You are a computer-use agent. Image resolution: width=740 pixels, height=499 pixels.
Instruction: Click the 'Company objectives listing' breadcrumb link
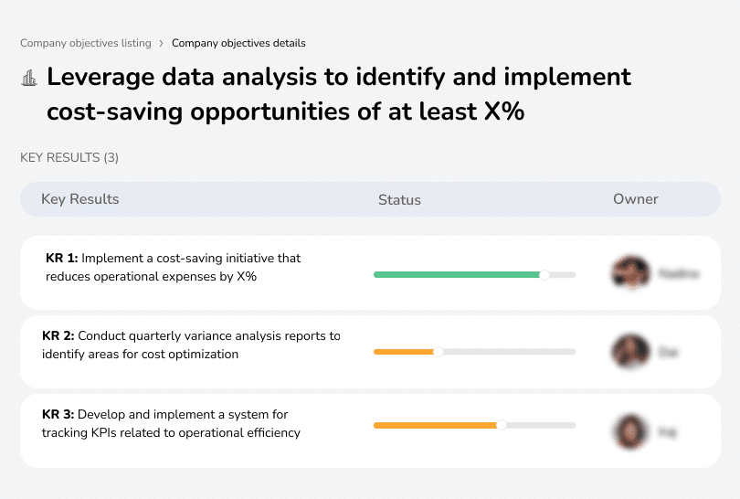(x=86, y=43)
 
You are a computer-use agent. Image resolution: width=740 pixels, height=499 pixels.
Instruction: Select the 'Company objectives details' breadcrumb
(x=238, y=43)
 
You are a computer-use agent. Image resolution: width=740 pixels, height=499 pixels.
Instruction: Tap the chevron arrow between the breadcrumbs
(x=162, y=43)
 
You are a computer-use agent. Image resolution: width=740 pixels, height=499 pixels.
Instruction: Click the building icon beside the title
(x=29, y=78)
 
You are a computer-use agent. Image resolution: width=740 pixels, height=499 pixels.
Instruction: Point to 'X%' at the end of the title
(x=503, y=112)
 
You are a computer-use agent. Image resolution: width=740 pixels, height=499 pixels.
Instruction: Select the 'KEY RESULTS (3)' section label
(x=69, y=158)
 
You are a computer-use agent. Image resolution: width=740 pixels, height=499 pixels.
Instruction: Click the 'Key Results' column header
(x=80, y=199)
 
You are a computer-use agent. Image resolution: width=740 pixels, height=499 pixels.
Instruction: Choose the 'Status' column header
(x=399, y=199)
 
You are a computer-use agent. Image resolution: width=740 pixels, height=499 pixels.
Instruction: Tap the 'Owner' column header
(x=636, y=199)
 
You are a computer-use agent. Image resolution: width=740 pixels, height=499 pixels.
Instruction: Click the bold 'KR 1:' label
(x=62, y=259)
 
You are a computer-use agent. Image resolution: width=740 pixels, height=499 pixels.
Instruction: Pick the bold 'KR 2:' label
(x=58, y=336)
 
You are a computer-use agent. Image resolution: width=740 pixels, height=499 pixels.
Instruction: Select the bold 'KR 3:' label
(x=58, y=415)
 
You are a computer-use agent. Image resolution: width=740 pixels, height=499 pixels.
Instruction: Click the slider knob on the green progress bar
(x=544, y=274)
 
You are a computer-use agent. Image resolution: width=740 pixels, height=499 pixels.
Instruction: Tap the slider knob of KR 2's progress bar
(x=438, y=352)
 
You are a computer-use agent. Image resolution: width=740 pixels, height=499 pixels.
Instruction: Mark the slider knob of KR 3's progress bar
(x=501, y=425)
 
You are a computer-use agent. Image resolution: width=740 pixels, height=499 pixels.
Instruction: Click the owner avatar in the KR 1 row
(x=630, y=273)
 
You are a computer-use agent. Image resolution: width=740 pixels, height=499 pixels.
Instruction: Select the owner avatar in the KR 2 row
(x=630, y=351)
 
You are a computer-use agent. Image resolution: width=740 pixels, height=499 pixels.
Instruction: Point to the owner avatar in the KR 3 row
(x=630, y=430)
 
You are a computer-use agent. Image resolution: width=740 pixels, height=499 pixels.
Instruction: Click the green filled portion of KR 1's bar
(x=457, y=274)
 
